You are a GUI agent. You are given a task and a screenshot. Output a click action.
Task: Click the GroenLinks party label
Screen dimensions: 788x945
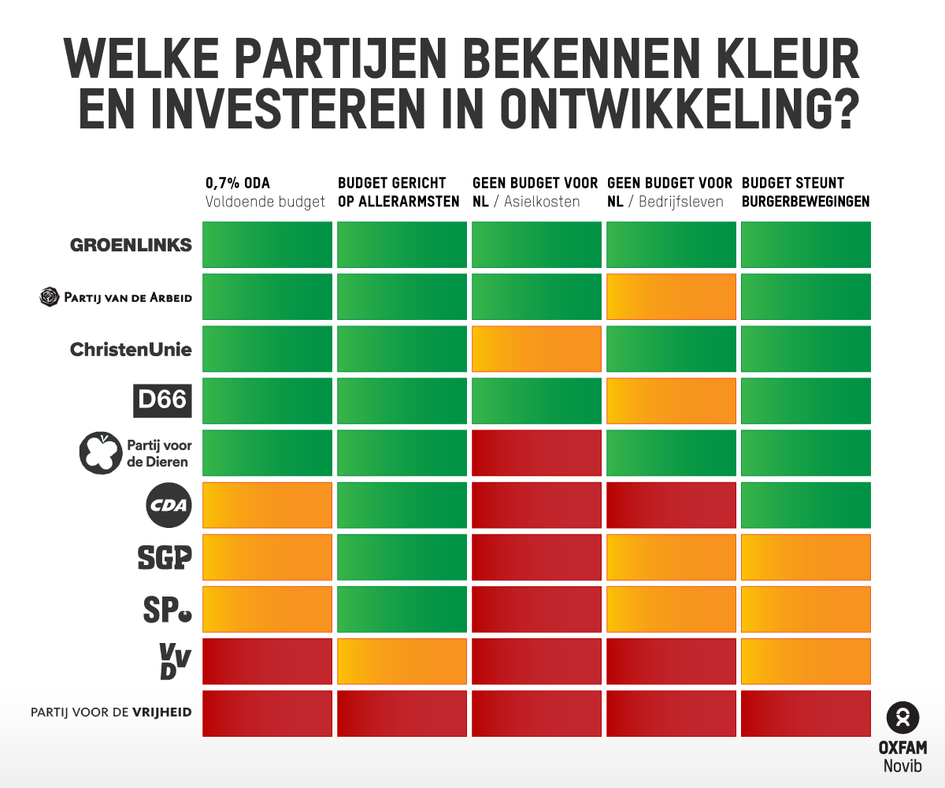pos(131,245)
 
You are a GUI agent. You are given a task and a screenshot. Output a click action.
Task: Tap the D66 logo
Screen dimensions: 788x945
pos(161,400)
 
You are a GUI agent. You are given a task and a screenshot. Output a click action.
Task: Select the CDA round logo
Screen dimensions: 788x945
pos(170,505)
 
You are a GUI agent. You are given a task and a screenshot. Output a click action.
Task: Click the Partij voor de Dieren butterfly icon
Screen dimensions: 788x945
pos(100,453)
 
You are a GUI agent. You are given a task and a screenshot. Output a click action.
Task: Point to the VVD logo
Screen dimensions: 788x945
pos(174,660)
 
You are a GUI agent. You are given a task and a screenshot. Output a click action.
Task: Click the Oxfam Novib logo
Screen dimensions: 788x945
pos(902,738)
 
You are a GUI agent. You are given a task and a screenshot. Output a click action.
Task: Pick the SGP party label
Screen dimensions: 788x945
pos(164,557)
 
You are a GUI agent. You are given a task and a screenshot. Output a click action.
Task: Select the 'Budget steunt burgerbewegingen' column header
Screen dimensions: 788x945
pos(805,192)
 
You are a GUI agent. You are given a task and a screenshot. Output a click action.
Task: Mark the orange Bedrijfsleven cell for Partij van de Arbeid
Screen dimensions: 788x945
pos(671,296)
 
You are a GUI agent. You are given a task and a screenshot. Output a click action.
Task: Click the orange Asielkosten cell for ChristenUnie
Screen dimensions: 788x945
pos(536,348)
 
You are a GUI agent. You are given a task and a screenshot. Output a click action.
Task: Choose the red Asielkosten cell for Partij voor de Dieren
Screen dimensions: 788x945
pos(536,452)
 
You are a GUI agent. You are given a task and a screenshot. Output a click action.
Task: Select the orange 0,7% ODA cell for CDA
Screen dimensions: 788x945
pos(268,504)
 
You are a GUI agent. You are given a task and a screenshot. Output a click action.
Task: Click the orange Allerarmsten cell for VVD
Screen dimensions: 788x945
pos(402,660)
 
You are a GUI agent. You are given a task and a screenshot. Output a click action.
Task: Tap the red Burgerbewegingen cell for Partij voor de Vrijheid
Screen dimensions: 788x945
pos(806,713)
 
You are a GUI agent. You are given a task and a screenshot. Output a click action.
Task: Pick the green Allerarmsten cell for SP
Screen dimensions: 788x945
pos(402,608)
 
